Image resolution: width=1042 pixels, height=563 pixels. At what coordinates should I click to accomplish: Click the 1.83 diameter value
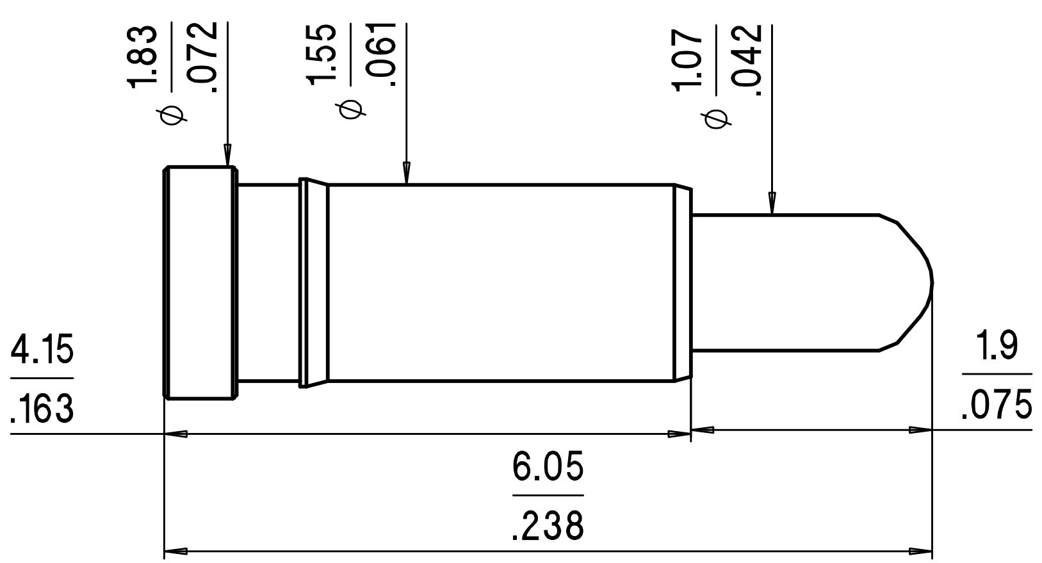point(142,56)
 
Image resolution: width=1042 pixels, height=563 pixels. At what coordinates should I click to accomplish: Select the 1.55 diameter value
point(321,54)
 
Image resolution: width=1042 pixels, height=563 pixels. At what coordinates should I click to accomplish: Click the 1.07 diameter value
point(687,59)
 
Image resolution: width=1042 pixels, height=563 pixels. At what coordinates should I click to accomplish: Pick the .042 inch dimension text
point(747,60)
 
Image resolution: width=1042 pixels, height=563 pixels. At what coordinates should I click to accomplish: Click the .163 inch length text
point(42,408)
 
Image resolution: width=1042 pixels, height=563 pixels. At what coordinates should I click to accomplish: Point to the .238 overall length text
point(548,526)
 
